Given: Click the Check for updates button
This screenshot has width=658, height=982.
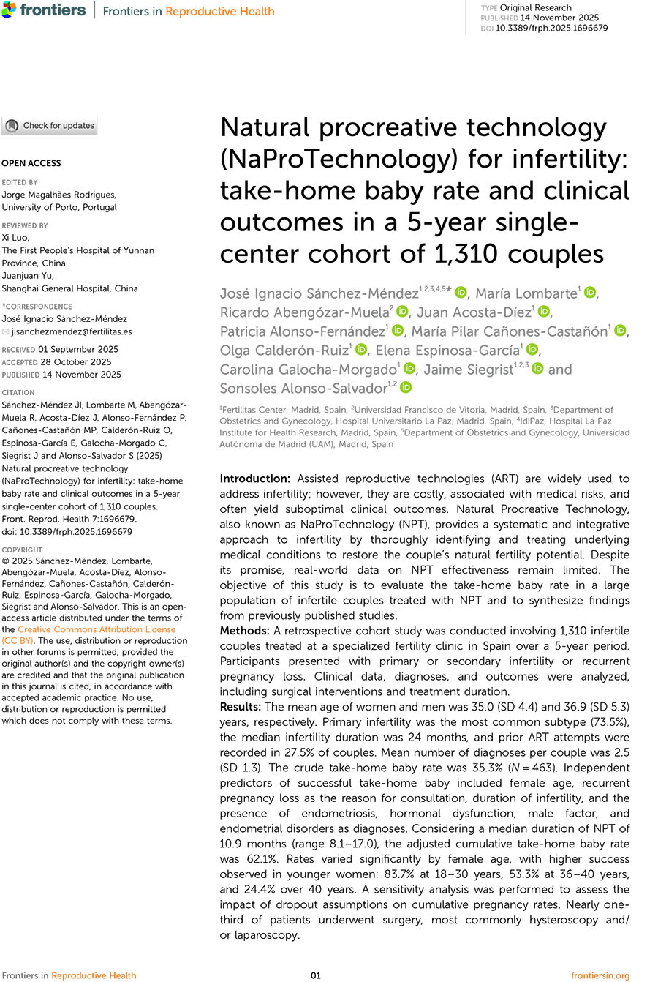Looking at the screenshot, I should click(49, 126).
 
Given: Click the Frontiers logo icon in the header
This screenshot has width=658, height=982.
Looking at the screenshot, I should click(10, 10).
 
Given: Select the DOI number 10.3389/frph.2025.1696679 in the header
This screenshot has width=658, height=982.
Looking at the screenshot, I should click(551, 29).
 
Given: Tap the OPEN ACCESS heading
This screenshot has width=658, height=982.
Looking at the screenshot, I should click(31, 163).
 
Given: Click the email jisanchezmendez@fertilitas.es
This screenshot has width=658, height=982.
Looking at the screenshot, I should click(72, 331).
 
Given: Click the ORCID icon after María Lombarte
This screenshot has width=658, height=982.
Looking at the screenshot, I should click(590, 293).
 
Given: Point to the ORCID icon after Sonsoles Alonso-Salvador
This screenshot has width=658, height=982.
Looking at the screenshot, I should click(406, 387).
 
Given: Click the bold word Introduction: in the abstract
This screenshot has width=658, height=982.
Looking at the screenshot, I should click(255, 479).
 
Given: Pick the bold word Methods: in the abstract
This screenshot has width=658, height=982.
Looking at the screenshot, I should click(246, 631).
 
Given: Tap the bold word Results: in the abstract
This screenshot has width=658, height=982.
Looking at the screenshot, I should click(241, 707).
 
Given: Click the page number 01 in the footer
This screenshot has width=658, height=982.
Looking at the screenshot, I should click(316, 975).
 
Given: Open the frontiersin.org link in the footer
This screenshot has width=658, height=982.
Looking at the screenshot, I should click(600, 975).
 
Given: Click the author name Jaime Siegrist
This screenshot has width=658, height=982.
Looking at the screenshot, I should click(469, 369).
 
